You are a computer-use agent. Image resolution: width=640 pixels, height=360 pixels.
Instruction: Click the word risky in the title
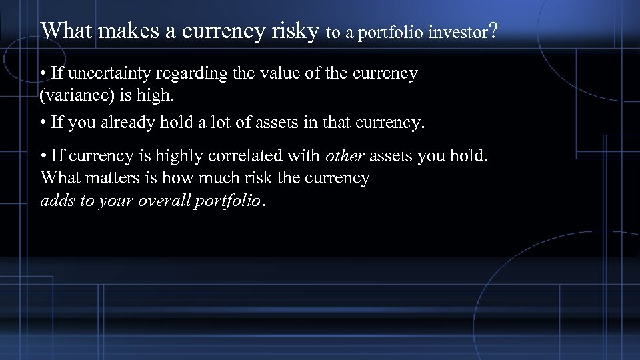pos(294,30)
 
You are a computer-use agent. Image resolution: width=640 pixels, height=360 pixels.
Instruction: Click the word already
pos(131,123)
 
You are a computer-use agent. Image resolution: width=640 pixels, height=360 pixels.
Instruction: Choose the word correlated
pos(247,156)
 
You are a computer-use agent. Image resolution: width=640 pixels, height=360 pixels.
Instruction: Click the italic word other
pos(345,156)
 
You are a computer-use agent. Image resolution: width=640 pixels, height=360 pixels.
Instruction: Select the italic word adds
pos(57,201)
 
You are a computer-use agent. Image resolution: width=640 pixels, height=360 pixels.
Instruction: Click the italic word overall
pos(163,201)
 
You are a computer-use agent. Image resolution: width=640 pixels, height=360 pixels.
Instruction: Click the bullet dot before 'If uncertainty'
pos(43,74)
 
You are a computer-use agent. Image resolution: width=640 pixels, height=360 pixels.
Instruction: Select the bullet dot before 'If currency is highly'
pos(43,157)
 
